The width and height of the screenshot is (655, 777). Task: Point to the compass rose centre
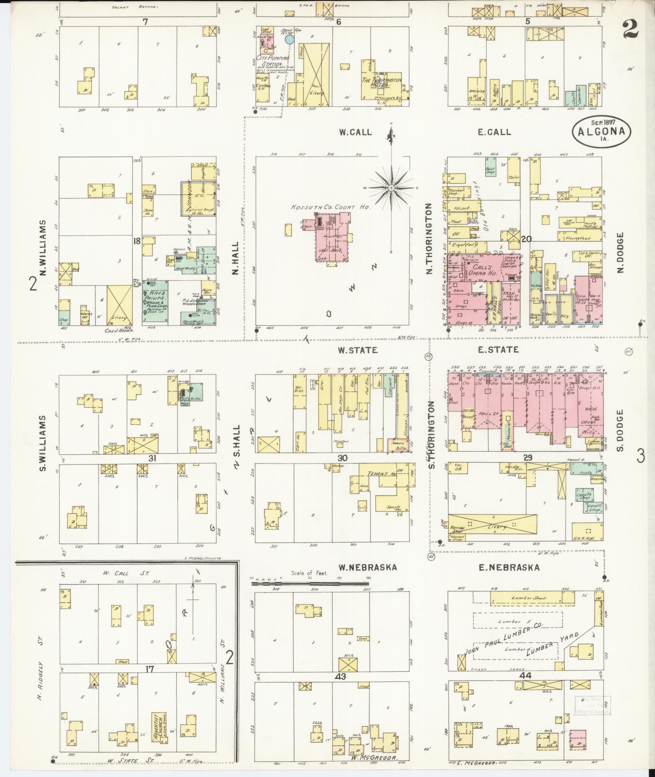(391, 188)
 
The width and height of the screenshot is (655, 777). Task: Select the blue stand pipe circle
(289, 39)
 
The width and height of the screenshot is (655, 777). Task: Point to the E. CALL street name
(493, 132)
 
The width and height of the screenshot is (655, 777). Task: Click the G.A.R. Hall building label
(587, 536)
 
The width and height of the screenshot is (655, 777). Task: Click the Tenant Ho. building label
(382, 474)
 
